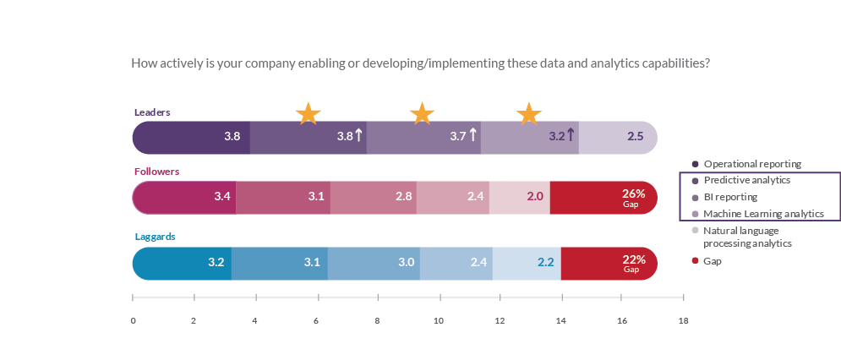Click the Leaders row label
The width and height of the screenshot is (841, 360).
click(x=153, y=112)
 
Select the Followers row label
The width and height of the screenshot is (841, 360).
click(x=157, y=172)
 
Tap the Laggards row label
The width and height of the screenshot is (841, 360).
click(x=155, y=237)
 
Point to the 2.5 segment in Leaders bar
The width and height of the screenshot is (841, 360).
click(x=618, y=136)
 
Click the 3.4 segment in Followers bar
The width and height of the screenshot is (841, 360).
click(x=184, y=197)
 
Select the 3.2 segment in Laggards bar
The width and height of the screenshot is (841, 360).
click(x=182, y=263)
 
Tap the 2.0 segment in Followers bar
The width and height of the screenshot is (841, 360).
click(x=520, y=197)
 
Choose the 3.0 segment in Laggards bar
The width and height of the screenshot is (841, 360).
click(x=374, y=263)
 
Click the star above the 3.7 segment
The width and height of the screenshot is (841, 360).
click(x=422, y=113)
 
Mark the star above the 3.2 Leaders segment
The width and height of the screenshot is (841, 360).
click(x=528, y=113)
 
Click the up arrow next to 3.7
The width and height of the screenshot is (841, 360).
click(x=472, y=134)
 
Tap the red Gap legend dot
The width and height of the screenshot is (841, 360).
click(x=695, y=261)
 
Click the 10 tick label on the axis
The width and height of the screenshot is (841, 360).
click(x=438, y=321)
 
